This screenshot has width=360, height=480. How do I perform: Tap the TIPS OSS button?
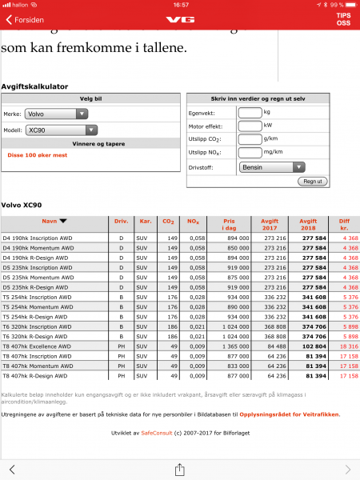point(342,18)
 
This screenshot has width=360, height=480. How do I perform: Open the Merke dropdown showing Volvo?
point(56,114)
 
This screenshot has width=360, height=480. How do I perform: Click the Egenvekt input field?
point(250,112)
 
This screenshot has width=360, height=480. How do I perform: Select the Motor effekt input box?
point(250,126)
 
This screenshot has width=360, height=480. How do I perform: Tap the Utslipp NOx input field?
point(250,151)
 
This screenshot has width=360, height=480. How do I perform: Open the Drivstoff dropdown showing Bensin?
point(272,167)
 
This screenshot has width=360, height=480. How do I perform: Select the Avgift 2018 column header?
point(308,222)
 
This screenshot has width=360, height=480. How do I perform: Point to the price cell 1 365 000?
point(231,347)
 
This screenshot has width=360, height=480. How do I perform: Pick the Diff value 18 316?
point(346,347)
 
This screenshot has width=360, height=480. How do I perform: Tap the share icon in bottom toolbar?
point(180,469)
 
